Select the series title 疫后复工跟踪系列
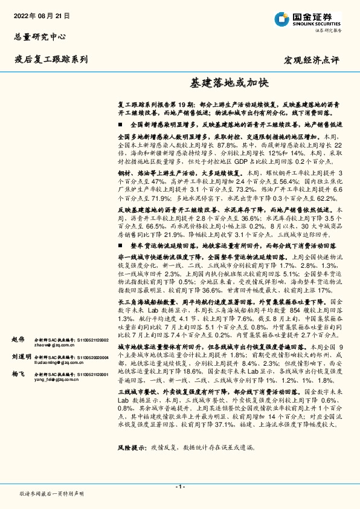[x=51, y=59]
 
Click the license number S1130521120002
[x=91, y=340]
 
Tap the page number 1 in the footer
[x=179, y=487]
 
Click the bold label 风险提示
[x=132, y=448]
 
